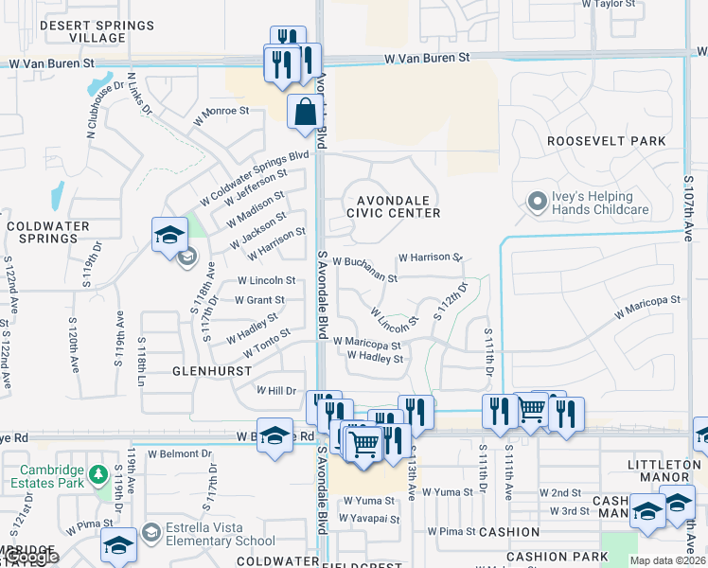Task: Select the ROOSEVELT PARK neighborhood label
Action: (x=606, y=141)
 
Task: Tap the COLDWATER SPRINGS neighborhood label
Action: (x=47, y=232)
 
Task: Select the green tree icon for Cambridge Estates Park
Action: (x=98, y=471)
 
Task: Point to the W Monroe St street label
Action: (x=221, y=115)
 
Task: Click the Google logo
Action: (x=29, y=558)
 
